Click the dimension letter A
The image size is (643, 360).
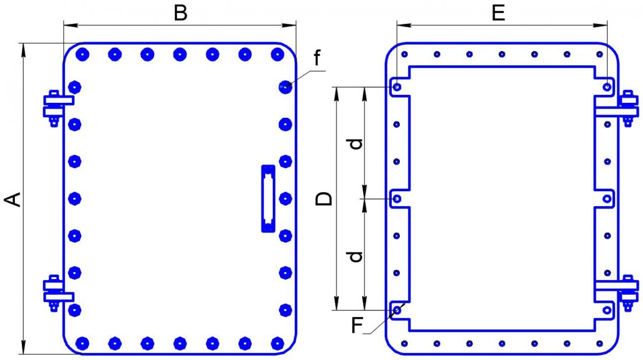pyautogui.click(x=13, y=199)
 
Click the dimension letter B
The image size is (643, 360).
pyautogui.click(x=181, y=13)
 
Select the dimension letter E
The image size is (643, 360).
pyautogui.click(x=498, y=13)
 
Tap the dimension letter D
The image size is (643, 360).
pyautogui.click(x=324, y=199)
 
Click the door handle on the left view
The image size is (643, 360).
pyautogui.click(x=267, y=199)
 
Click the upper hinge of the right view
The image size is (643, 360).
pyautogui.click(x=625, y=107)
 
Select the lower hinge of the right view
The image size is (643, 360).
pyautogui.click(x=625, y=292)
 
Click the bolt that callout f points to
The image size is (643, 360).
pyautogui.click(x=286, y=86)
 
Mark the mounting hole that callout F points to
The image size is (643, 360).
pyautogui.click(x=397, y=310)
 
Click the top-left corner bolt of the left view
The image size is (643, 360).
pyautogui.click(x=82, y=54)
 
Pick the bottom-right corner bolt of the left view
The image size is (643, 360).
pyautogui.click(x=277, y=342)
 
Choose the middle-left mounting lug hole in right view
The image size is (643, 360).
pyautogui.click(x=397, y=199)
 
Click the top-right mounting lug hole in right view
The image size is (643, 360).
pyautogui.click(x=607, y=86)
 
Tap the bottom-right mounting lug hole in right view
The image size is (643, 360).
pyautogui.click(x=607, y=310)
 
